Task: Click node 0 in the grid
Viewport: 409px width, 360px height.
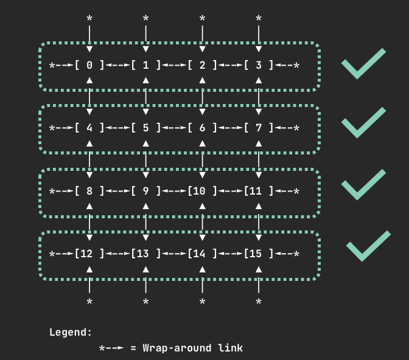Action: pos(89,65)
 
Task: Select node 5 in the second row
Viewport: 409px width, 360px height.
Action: pos(146,128)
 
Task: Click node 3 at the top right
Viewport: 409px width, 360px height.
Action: pos(259,65)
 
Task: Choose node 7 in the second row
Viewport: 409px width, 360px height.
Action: pos(259,128)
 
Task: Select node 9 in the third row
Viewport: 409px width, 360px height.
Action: pos(146,191)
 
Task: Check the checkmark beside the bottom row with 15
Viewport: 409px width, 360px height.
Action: pos(368,246)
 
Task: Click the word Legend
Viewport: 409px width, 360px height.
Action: pos(71,332)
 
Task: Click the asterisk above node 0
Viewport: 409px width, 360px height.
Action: pos(89,19)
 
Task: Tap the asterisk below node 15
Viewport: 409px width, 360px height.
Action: pos(259,302)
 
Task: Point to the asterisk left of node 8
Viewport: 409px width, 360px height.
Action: pos(52,192)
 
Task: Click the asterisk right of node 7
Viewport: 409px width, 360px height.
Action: pos(296,129)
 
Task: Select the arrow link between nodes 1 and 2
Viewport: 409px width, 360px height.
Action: pos(174,65)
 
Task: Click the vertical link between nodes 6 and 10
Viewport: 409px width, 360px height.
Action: pos(202,159)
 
